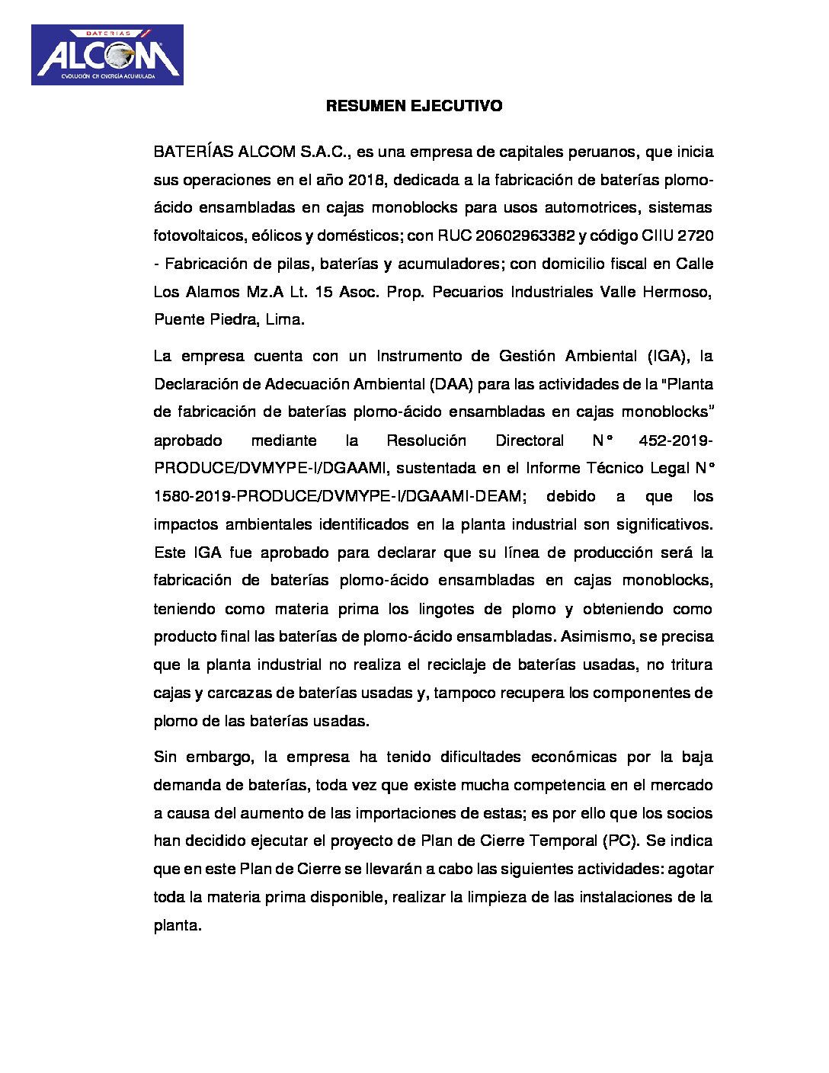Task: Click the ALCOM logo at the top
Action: tap(107, 55)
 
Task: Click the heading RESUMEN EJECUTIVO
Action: tap(414, 106)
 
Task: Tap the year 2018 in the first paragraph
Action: tap(366, 180)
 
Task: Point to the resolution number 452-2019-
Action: tap(676, 440)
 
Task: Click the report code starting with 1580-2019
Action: tap(338, 496)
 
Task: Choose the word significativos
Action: tap(662, 524)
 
